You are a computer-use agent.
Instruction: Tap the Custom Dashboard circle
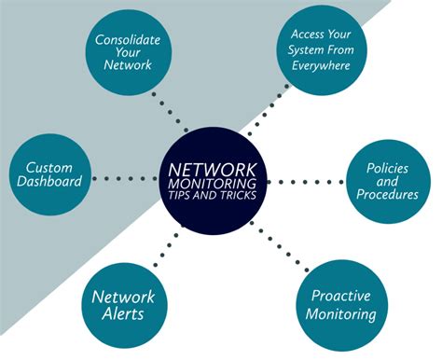pos(48,174)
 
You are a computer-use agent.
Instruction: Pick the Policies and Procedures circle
pos(387,180)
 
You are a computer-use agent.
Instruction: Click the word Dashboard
pos(48,183)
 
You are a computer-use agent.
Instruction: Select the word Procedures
pos(387,195)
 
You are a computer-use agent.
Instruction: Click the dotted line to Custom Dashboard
pos(126,178)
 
